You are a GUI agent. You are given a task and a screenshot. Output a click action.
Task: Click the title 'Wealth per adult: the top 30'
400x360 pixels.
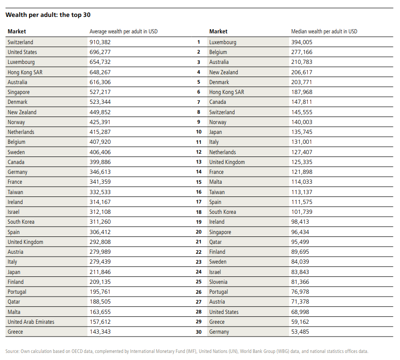tap(48, 15)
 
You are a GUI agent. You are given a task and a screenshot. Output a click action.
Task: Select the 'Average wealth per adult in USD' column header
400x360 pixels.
tap(124, 31)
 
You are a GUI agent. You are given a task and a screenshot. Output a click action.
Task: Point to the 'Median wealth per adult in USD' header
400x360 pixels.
tap(324, 31)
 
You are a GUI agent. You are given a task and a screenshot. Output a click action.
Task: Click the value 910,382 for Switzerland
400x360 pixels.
tap(100, 42)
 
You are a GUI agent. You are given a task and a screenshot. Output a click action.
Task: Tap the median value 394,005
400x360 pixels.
tap(302, 42)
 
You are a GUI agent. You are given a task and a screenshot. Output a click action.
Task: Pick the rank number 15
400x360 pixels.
tap(199, 182)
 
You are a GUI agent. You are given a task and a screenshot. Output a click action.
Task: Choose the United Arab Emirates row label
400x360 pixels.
tap(31, 322)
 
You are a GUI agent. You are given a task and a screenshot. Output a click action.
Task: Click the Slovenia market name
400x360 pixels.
tap(218, 282)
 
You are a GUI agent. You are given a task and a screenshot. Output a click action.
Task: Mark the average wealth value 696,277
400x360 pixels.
tap(100, 52)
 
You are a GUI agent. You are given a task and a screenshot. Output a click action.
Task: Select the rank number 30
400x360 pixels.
tap(199, 332)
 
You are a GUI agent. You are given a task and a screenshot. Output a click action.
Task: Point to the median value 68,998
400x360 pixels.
tap(300, 312)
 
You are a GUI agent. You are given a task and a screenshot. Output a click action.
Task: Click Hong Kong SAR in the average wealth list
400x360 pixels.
tap(25, 72)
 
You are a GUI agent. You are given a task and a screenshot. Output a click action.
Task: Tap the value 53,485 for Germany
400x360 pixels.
tap(300, 332)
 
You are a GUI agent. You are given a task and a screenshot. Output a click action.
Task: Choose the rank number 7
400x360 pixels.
tap(199, 102)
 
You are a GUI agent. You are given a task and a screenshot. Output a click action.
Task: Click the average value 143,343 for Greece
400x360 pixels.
tap(100, 332)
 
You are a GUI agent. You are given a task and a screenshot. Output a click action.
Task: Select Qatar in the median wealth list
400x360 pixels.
tap(215, 242)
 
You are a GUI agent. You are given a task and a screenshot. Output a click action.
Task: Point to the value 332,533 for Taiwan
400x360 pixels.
tap(100, 192)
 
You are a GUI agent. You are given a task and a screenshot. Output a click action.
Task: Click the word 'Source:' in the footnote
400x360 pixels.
tap(12, 352)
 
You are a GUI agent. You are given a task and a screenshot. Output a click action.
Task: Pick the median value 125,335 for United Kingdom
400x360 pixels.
tap(302, 162)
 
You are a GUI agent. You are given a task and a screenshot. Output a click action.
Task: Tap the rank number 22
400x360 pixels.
tap(199, 252)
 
